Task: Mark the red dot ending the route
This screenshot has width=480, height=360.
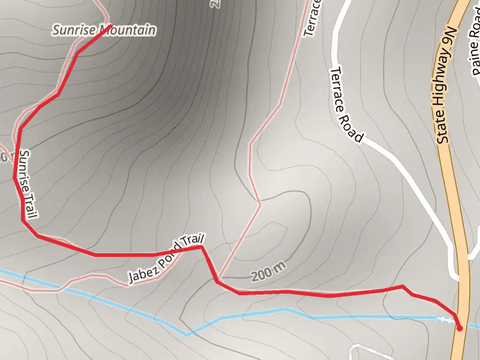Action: tap(460, 328)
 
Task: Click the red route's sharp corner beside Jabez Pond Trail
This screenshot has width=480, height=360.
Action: tap(202, 246)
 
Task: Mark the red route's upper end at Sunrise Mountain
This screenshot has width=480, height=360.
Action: tap(112, 25)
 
